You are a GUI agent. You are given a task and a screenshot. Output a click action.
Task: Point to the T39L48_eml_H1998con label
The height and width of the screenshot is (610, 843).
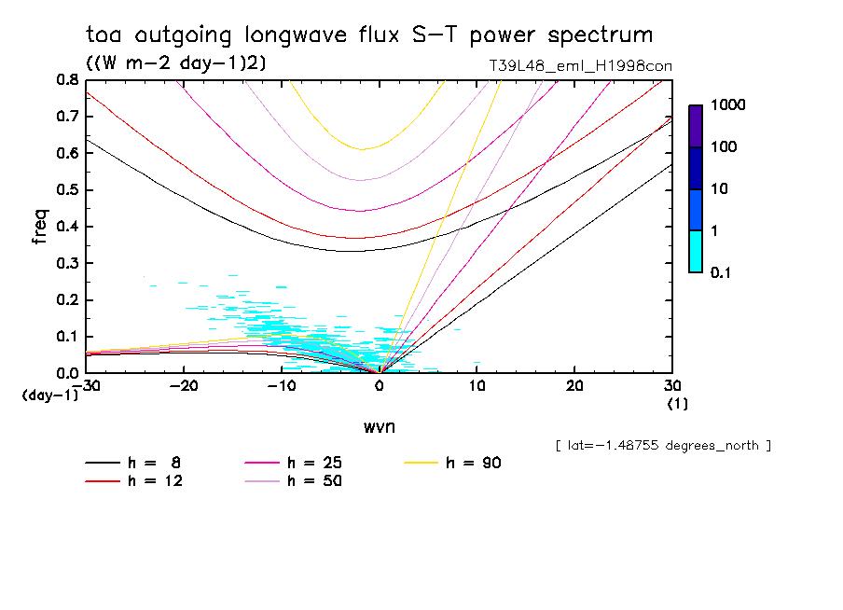580,66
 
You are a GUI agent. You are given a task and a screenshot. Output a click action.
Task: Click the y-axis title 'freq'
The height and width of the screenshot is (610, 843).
39,226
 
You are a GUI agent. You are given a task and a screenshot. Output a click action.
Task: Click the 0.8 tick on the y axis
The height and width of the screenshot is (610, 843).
66,80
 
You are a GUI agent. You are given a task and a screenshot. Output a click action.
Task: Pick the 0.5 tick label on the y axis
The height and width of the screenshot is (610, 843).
66,190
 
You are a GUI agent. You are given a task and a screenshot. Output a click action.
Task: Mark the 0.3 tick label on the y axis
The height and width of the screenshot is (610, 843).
66,263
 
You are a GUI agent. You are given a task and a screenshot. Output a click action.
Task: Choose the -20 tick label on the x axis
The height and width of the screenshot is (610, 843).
184,386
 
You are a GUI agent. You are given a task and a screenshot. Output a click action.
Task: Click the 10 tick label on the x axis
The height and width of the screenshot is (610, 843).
477,386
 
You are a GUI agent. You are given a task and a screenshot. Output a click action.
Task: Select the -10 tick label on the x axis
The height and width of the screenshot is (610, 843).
281,386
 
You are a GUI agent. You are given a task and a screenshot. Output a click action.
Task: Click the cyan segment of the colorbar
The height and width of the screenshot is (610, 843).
696,251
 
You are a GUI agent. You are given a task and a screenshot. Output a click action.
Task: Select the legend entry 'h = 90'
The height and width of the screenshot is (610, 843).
474,463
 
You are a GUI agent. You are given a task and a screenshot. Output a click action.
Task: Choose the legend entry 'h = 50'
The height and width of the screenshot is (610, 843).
314,481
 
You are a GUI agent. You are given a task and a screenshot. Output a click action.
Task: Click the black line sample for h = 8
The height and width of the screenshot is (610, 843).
103,463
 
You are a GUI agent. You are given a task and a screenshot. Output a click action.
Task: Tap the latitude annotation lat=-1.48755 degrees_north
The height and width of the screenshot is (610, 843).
662,445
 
